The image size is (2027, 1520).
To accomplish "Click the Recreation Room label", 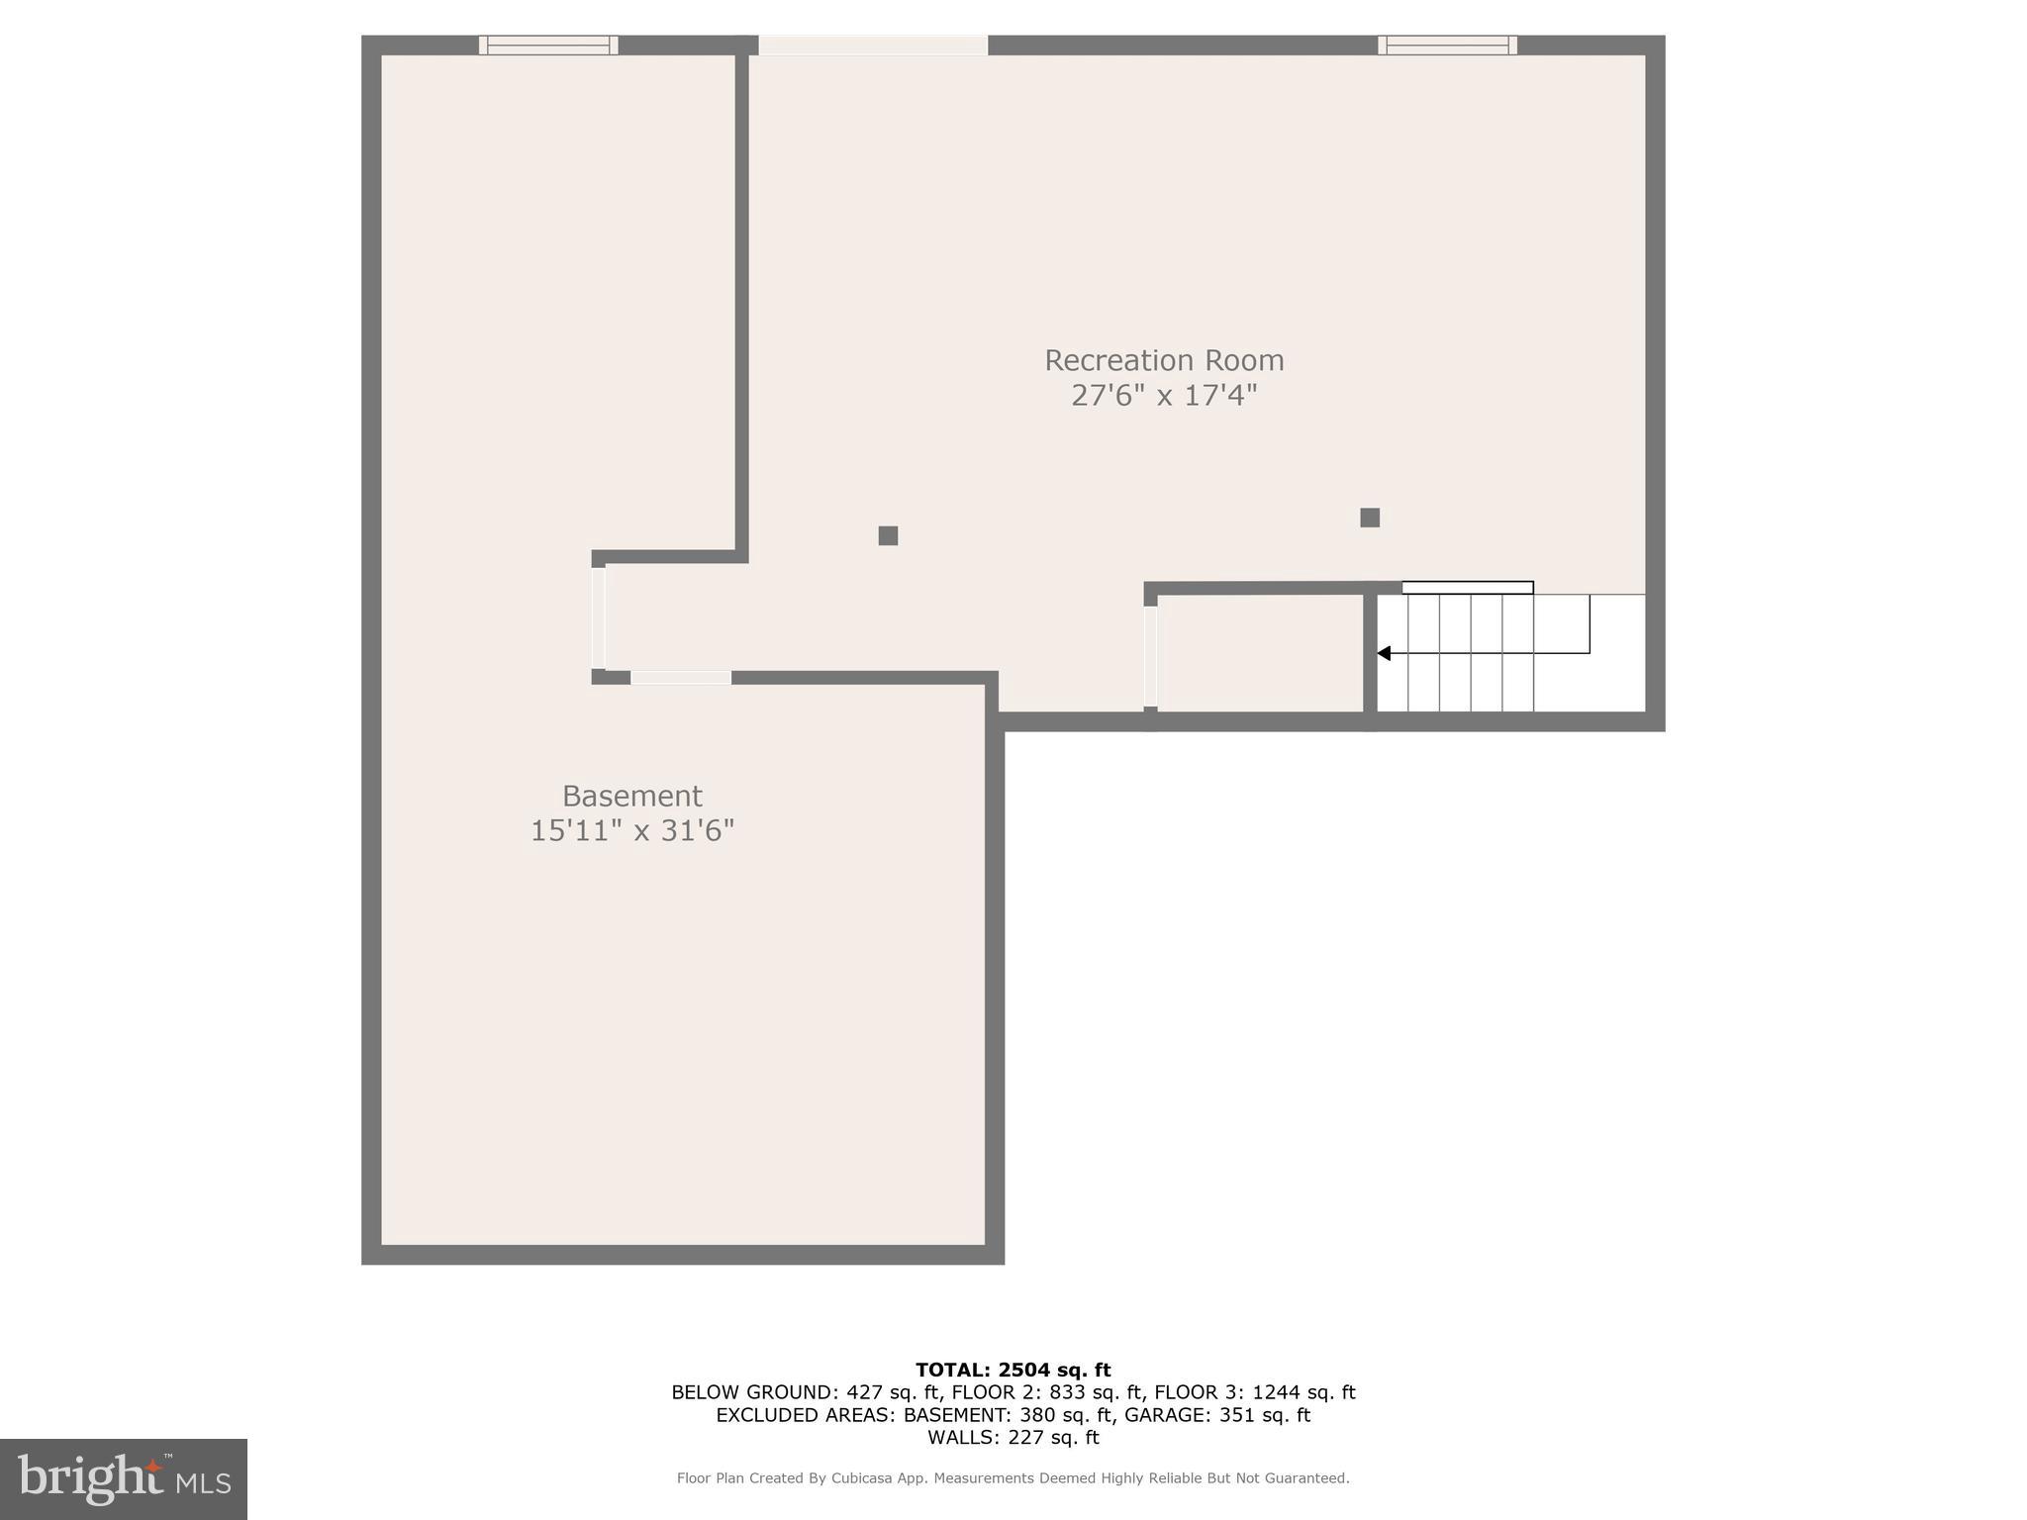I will pos(1164,360).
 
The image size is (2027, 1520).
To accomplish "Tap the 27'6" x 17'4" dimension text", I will pos(1164,396).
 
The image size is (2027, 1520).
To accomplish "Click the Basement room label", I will pos(631,796).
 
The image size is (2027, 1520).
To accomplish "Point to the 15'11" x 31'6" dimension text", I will pos(631,830).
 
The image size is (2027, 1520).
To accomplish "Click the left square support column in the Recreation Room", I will pos(888,535).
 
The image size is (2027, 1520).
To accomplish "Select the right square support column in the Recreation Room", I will pos(1370,518).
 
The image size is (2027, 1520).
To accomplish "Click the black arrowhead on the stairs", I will pos(1385,653).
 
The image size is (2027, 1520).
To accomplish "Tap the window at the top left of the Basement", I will pos(548,45).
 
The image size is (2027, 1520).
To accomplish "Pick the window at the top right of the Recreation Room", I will pos(1447,45).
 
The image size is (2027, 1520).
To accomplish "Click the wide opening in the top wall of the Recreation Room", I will pos(873,46).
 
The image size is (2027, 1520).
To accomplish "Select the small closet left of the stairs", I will pos(1260,652).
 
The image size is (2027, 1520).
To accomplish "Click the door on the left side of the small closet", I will pos(1150,656).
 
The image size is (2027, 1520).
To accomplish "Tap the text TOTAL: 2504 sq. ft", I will pos(1013,1370).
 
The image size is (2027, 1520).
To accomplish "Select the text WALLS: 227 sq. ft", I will pos(1013,1438).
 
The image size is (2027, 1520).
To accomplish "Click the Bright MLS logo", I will pos(124,1479).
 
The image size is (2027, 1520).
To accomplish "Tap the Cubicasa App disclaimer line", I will pos(1013,1478).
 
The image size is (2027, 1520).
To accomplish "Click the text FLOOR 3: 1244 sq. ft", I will pos(1254,1392).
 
